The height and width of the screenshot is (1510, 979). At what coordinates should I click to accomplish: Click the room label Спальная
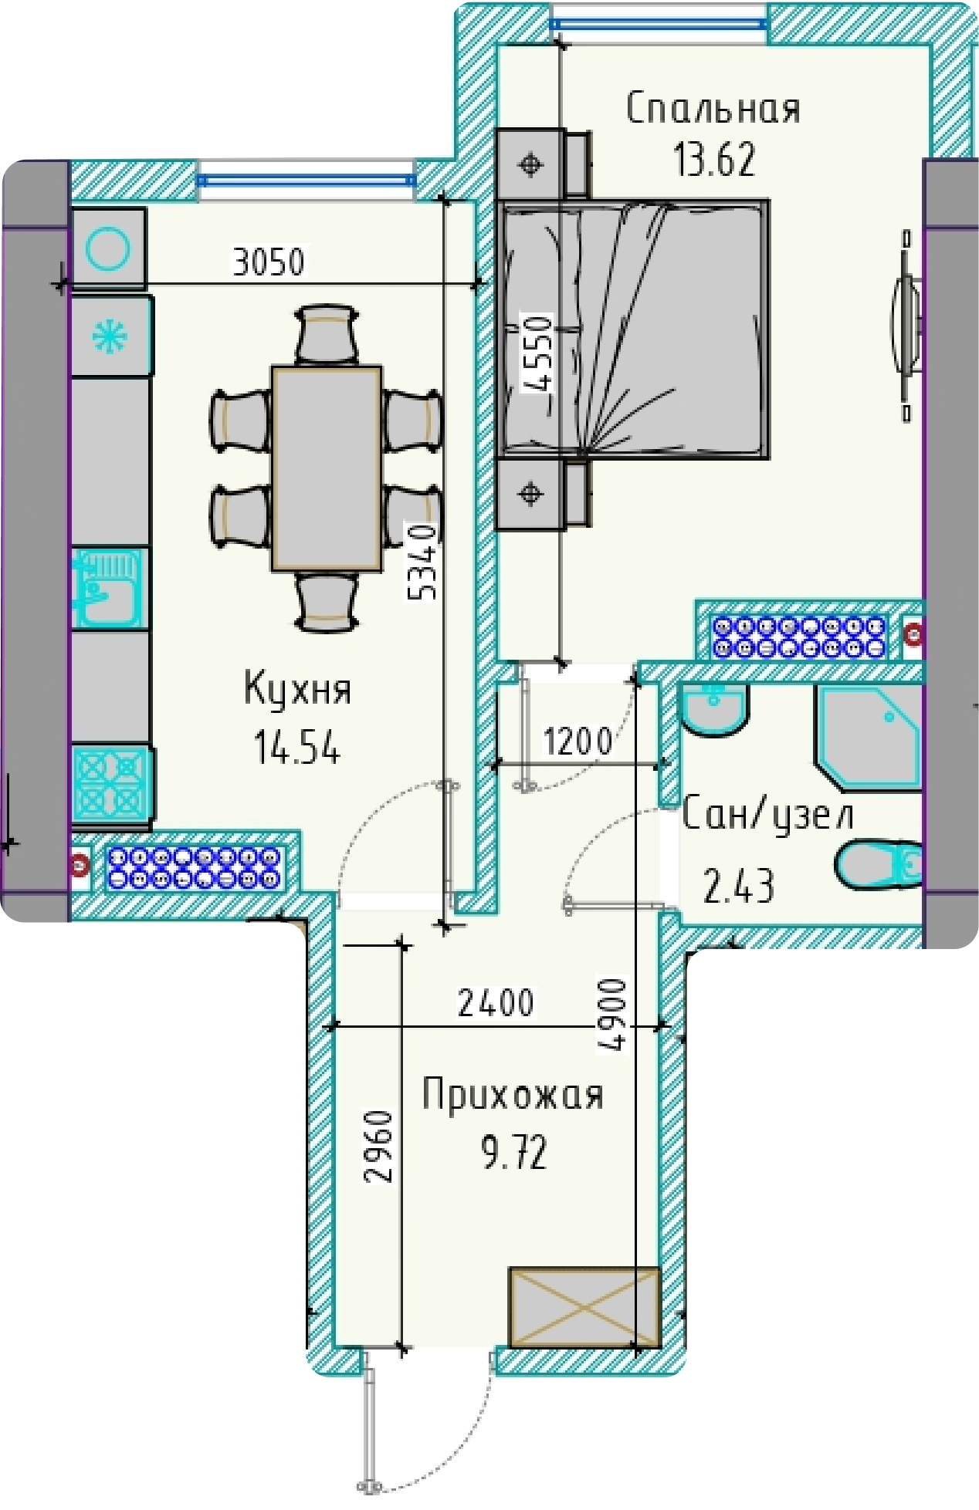pos(713,109)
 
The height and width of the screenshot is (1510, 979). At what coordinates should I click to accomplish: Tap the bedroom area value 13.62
pos(714,160)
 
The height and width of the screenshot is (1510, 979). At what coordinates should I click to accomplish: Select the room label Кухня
pos(298,688)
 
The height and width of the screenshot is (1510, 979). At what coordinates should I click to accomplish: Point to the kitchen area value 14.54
pos(297,747)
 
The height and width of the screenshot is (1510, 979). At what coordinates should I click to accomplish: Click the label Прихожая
pos(513,1095)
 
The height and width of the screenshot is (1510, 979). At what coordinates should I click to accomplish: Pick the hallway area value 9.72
pos(514,1153)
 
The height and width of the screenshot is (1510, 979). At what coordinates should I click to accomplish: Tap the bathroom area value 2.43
pos(738,886)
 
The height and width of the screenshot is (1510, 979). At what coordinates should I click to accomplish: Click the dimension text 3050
pos(269,262)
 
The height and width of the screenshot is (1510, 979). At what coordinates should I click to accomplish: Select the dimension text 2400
pos(496,1003)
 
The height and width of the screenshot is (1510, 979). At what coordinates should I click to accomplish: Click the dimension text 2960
pos(379,1146)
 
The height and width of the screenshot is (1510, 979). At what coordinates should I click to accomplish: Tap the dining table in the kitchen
pos(327,468)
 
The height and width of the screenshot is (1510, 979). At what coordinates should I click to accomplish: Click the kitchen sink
pos(109,588)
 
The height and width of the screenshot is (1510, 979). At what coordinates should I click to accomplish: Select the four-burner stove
pos(110,782)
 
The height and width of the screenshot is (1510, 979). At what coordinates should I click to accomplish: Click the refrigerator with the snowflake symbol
pos(110,337)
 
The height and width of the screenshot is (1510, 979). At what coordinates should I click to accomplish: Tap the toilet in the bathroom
pos(879,863)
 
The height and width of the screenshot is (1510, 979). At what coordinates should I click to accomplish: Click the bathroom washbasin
pos(713,709)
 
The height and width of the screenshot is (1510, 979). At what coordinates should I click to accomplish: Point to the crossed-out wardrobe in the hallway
pos(584,1306)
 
